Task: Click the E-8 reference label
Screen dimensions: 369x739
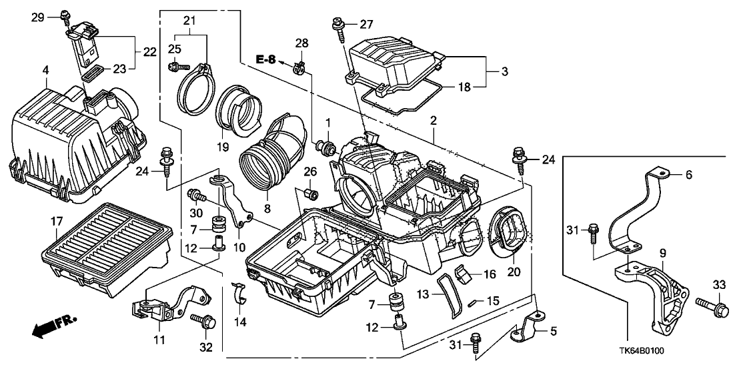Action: [266, 60]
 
